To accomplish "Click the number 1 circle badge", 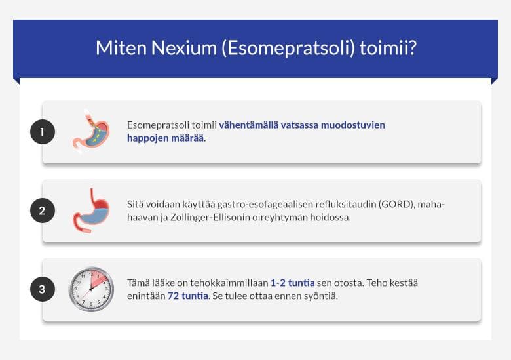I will (x=43, y=132).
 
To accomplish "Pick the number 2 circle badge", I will (x=43, y=210).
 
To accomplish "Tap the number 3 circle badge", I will (x=43, y=289).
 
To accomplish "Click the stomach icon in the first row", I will (x=91, y=132).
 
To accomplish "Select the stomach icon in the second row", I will (x=91, y=210).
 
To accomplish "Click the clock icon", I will (x=92, y=289).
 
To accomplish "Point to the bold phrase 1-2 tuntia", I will (x=292, y=283).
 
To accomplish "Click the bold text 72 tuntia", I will (x=187, y=296).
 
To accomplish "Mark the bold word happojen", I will (x=147, y=138).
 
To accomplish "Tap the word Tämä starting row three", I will (x=139, y=283).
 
